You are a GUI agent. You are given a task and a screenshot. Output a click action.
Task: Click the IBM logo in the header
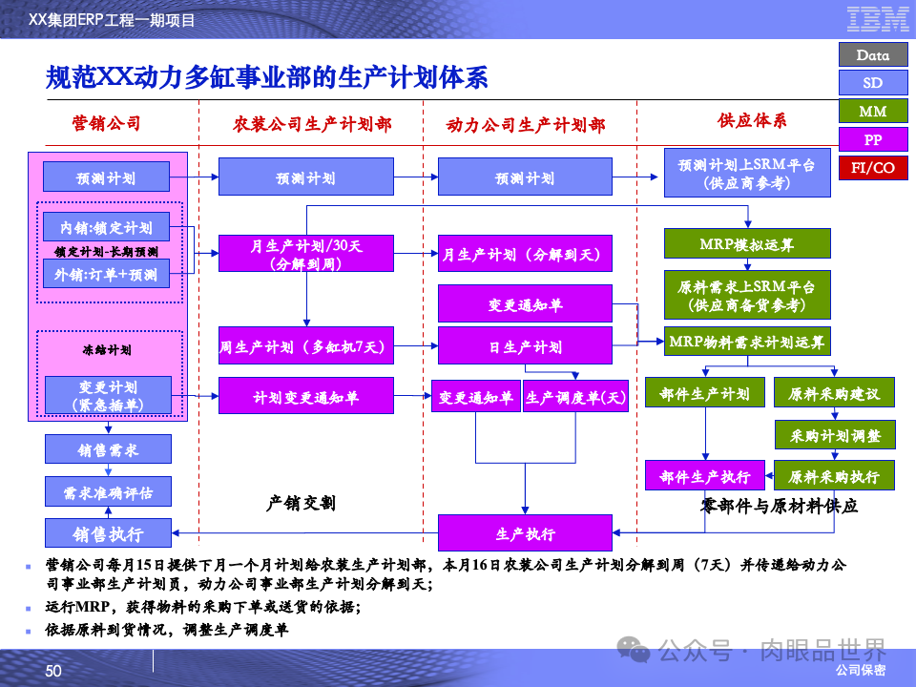[877, 18]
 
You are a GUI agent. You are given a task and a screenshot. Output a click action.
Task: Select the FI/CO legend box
[872, 168]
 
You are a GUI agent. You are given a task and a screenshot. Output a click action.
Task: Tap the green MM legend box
[872, 112]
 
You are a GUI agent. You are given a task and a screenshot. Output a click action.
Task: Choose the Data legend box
[872, 55]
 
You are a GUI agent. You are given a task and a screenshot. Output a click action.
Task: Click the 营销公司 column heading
[106, 123]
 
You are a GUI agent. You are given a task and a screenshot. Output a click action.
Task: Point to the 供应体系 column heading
[752, 121]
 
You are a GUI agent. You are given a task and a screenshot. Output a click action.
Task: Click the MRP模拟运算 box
[745, 245]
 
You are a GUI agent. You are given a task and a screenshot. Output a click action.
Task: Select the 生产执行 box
[525, 533]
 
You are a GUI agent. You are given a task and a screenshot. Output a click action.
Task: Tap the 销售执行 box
[108, 532]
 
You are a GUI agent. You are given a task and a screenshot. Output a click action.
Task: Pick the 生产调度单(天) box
[575, 397]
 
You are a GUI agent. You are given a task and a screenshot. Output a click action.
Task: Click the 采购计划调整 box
[835, 435]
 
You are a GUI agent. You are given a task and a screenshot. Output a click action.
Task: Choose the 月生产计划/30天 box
[306, 254]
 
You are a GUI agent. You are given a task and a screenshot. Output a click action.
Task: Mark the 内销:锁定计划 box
[106, 228]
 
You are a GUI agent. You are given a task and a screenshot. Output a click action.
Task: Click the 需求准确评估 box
[108, 491]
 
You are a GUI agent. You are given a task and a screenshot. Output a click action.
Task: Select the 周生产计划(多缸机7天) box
[306, 345]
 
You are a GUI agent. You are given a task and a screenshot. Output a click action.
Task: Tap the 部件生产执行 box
[705, 476]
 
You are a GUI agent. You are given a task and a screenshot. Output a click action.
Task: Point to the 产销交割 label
[301, 503]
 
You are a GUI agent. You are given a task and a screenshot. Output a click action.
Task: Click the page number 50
[53, 671]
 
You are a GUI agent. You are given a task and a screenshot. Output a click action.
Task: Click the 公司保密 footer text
[860, 671]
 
